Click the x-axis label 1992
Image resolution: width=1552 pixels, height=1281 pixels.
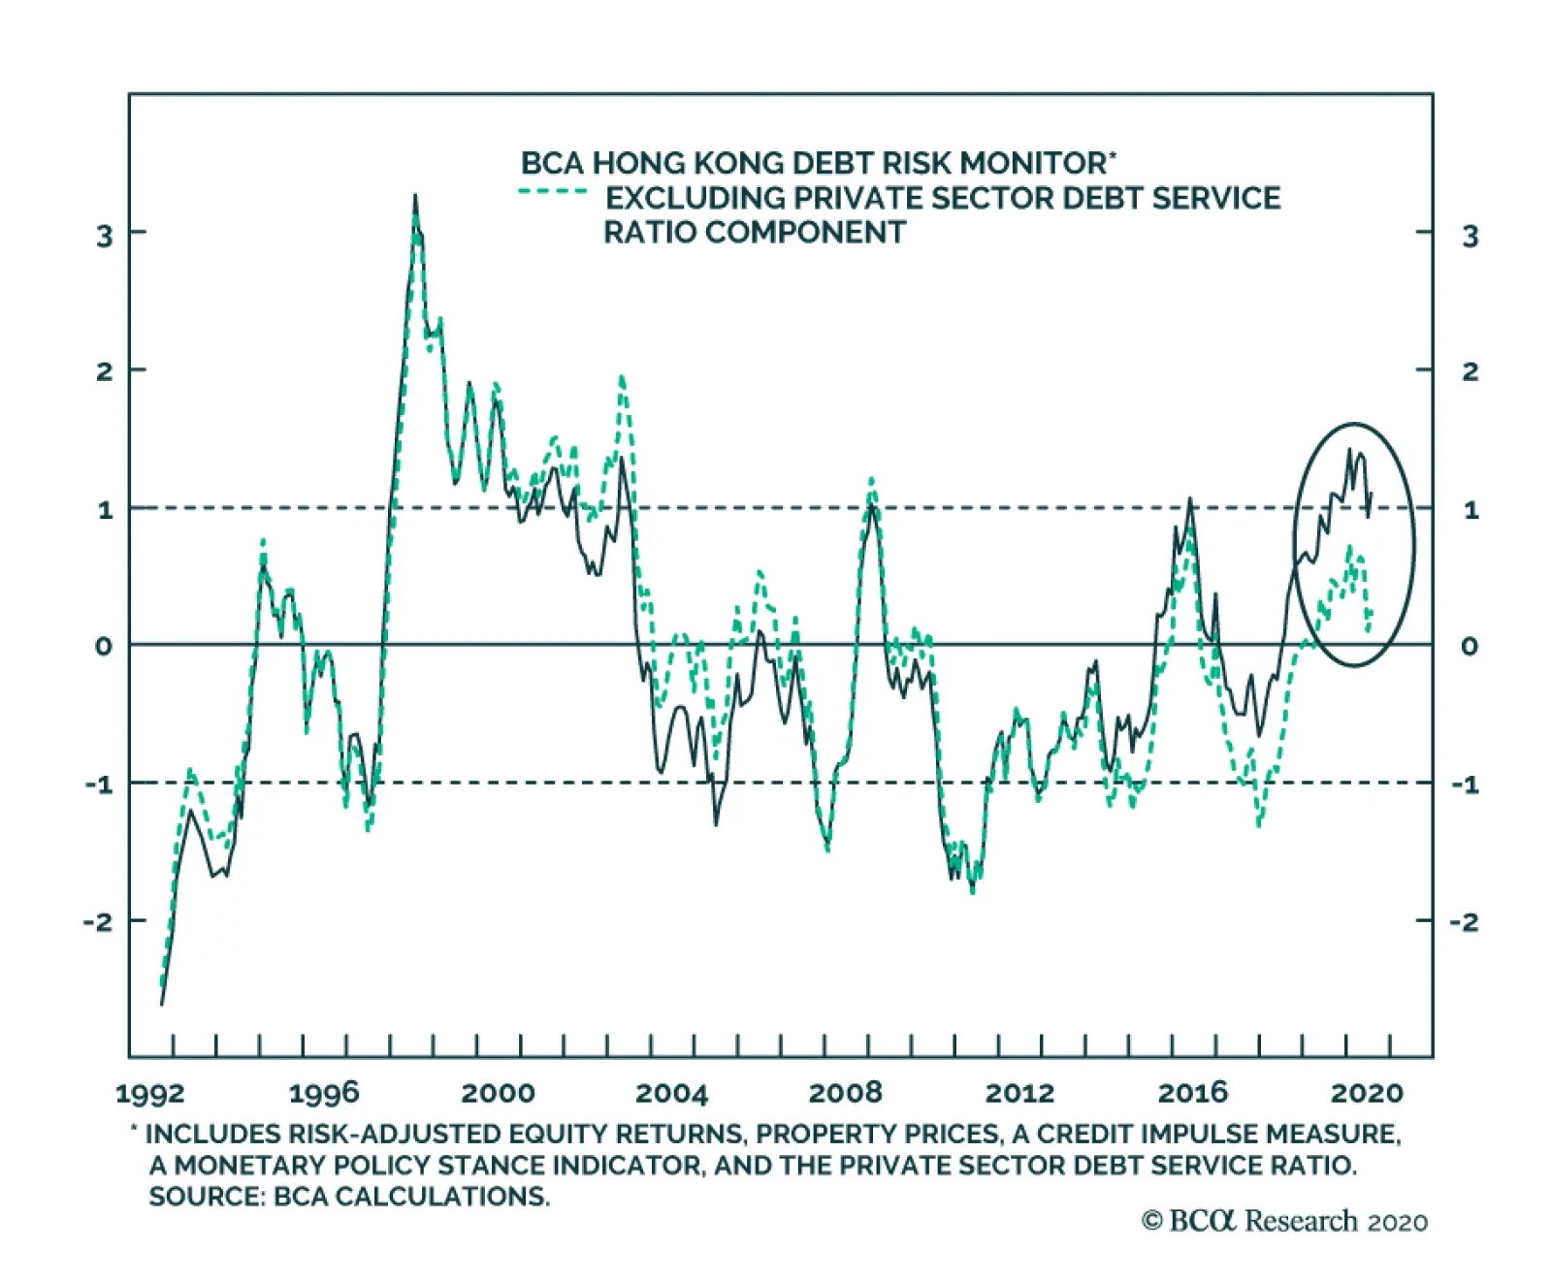tap(150, 1094)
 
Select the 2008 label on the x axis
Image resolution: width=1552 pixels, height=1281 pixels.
tap(846, 1093)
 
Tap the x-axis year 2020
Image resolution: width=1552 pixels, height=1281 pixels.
tap(1367, 1094)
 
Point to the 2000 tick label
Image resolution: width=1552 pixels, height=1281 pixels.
tap(498, 1093)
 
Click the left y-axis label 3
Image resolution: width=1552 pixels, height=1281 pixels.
tap(104, 236)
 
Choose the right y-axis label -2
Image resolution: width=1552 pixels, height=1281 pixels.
tap(1465, 922)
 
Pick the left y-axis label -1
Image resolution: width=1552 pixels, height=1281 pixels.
tap(98, 785)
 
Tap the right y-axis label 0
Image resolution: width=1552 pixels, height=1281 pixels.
tap(1470, 647)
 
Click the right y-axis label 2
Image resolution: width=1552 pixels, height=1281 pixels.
tap(1470, 372)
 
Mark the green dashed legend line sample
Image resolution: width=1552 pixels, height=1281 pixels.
tap(553, 192)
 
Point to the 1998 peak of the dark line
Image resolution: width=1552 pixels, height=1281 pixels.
tap(415, 197)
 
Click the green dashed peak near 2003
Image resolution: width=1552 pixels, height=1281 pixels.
tap(622, 377)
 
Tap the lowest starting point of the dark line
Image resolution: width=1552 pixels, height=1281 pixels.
tap(161, 1004)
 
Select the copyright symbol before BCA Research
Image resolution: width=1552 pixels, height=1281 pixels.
tap(1151, 1221)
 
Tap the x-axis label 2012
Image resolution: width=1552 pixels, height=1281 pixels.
tap(1019, 1093)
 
